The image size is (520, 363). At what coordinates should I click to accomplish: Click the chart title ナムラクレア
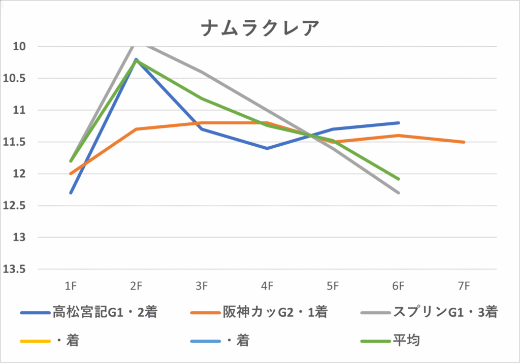(259, 28)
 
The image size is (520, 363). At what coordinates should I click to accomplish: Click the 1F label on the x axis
(71, 286)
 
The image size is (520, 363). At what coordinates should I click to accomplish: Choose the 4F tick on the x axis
(267, 286)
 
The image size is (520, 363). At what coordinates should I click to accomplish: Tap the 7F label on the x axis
(464, 286)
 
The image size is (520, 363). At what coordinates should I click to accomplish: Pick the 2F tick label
(136, 286)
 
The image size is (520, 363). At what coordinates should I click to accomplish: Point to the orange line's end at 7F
(464, 142)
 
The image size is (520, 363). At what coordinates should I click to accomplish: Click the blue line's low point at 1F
(71, 193)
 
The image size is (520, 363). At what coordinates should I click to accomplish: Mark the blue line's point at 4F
(267, 148)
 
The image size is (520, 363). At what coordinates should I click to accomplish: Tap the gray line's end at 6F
(399, 193)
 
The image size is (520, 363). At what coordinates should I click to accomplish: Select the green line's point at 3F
(202, 98)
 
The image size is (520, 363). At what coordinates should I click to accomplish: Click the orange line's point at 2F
(136, 129)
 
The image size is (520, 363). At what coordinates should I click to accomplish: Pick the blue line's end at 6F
(399, 123)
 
